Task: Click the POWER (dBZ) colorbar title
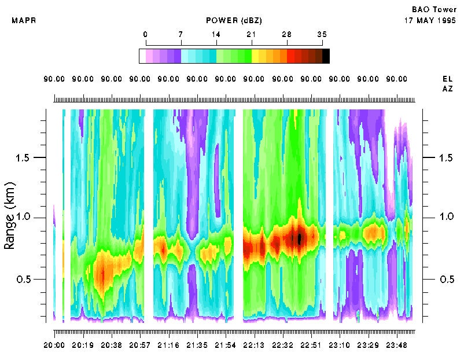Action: tap(234, 21)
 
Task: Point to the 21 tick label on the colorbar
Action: tap(251, 34)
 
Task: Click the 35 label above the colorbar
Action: tap(322, 34)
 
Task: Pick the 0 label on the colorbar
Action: tap(145, 34)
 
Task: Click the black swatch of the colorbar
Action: tap(326, 56)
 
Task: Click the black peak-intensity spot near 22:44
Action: tap(300, 238)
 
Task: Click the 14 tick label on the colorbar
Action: tap(216, 34)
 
